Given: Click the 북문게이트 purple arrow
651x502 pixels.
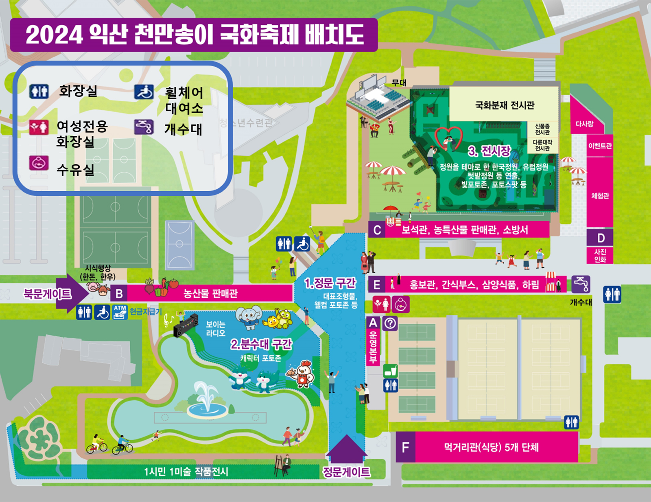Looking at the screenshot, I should [73, 294].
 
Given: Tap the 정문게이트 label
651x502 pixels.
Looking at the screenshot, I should [346, 472].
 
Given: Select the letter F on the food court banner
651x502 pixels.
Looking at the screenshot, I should [405, 447].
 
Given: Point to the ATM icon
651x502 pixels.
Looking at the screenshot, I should [120, 312].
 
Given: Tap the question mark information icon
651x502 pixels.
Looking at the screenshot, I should [390, 323].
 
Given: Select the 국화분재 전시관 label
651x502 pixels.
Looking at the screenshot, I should [505, 105].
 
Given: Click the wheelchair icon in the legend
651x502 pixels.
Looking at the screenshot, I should [144, 92].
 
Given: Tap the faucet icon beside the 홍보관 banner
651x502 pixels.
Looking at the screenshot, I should [581, 284].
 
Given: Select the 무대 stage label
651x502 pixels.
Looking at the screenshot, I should [399, 83].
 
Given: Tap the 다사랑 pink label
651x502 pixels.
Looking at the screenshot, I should [584, 124].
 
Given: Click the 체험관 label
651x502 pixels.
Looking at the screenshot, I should [600, 196].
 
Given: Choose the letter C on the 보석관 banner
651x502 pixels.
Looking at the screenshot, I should [377, 230].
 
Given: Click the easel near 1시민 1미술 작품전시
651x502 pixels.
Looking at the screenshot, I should [280, 466].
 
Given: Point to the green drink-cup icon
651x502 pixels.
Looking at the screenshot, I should [390, 371].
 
